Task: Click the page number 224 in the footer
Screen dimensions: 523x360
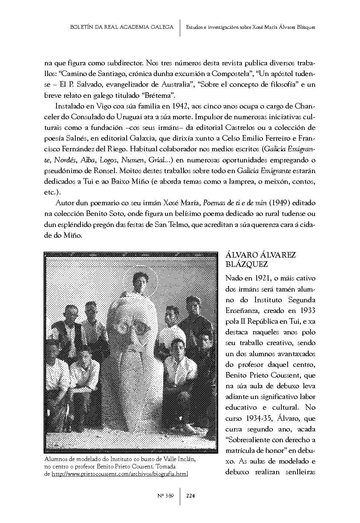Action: pos(190,496)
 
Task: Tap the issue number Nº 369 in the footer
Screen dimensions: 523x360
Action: pos(165,496)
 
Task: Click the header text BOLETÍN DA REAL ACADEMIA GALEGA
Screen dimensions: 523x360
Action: pos(122,27)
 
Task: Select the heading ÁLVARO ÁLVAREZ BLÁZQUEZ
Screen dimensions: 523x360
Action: pos(260,260)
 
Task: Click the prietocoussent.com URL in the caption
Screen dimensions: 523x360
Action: pos(120,474)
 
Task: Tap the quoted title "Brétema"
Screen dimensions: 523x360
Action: pos(158,95)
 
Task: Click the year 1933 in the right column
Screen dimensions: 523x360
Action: pos(307,310)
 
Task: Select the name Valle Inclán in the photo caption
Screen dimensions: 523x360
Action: pos(177,460)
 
